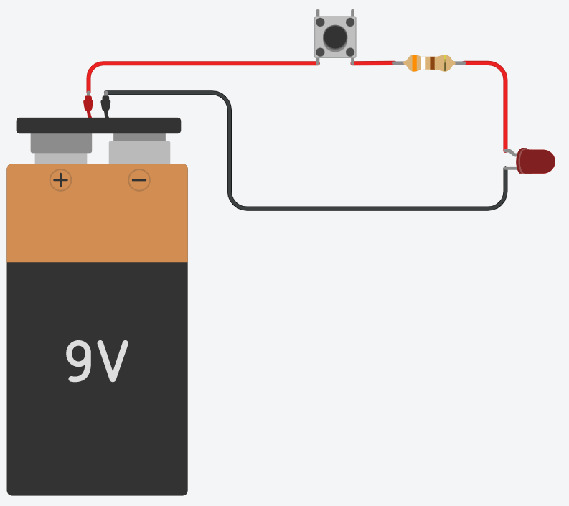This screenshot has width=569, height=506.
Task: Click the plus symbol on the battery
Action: pyautogui.click(x=60, y=180)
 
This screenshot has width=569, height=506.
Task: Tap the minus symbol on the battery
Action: pyautogui.click(x=139, y=180)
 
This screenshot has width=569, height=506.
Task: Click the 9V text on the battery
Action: pyautogui.click(x=97, y=361)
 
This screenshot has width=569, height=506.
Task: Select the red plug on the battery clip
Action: pyautogui.click(x=88, y=103)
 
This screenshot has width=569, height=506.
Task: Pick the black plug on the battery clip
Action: pyautogui.click(x=105, y=103)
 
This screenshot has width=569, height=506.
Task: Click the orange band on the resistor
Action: pyautogui.click(x=415, y=62)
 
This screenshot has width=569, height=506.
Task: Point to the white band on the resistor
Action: pyautogui.click(x=423, y=62)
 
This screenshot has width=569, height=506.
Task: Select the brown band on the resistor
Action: pyautogui.click(x=432, y=62)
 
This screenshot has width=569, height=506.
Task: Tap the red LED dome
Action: pyautogui.click(x=535, y=161)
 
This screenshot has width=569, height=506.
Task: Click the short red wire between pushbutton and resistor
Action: pyautogui.click(x=373, y=63)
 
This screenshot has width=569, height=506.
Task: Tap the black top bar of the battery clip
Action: pyautogui.click(x=98, y=126)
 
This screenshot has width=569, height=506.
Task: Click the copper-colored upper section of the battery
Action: pyautogui.click(x=98, y=212)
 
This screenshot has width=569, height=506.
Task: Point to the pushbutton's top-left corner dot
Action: pyautogui.click(x=320, y=22)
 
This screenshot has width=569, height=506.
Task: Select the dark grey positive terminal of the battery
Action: pyautogui.click(x=61, y=143)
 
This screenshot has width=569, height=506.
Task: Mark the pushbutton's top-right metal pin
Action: pyautogui.click(x=352, y=13)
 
